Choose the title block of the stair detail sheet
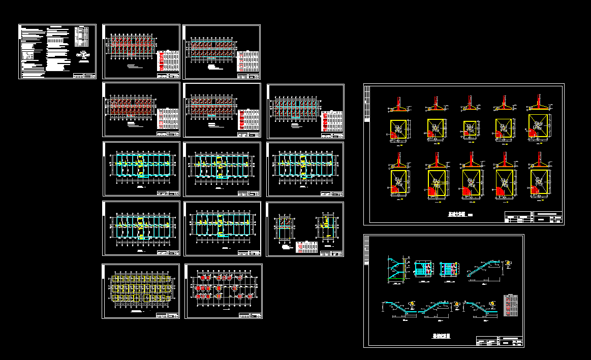click(500, 341)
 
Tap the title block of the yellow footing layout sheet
click(168, 315)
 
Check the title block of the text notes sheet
click(84, 76)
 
